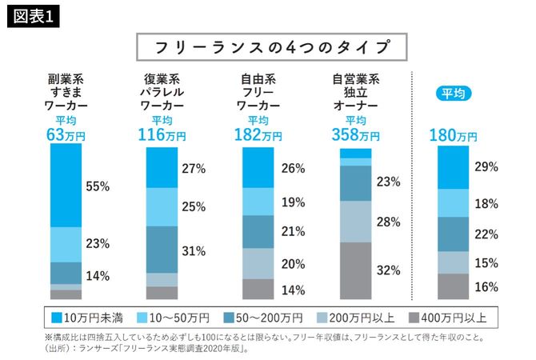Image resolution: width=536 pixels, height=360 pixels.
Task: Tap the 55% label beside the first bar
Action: [x=97, y=186]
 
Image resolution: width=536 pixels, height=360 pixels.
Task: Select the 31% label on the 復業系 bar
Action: [x=194, y=250]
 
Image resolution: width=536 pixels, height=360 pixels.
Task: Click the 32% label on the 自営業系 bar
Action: [x=388, y=270]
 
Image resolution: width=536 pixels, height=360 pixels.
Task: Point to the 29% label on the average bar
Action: [x=486, y=166]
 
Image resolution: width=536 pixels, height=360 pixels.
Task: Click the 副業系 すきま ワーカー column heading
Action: [x=67, y=92]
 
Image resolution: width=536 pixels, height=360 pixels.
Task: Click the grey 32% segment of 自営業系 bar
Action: [x=355, y=270]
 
